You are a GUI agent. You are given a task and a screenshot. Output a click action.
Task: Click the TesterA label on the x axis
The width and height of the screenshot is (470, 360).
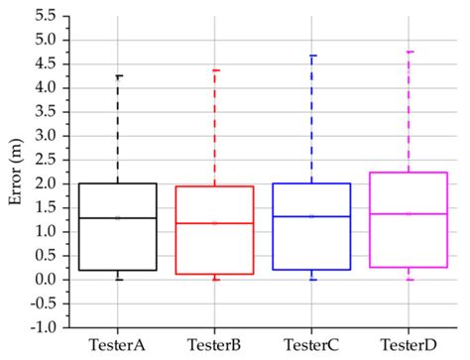(119, 344)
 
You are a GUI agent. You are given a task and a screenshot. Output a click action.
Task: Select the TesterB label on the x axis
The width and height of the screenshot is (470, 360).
(215, 344)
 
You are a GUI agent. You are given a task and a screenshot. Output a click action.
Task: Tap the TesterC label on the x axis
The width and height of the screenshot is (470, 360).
(312, 344)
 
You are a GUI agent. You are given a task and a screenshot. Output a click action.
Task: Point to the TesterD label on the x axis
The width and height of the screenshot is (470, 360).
(409, 344)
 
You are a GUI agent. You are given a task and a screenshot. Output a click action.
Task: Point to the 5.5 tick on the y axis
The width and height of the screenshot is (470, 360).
(45, 17)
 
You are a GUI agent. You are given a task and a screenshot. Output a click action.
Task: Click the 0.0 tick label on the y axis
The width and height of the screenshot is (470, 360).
(45, 280)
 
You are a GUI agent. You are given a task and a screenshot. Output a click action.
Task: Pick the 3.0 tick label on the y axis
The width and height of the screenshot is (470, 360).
(45, 136)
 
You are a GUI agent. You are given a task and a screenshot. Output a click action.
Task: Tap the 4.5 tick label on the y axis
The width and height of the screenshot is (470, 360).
(45, 64)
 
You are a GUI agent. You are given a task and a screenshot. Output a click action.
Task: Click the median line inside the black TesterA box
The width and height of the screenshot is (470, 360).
(119, 217)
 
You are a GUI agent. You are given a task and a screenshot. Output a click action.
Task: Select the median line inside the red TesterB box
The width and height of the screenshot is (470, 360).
(215, 223)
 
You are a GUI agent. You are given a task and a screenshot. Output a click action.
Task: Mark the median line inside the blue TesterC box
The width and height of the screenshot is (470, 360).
(312, 216)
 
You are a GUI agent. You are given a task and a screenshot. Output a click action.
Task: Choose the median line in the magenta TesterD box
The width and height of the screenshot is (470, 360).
(409, 213)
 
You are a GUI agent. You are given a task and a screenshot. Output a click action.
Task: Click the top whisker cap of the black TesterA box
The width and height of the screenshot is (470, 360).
(119, 75)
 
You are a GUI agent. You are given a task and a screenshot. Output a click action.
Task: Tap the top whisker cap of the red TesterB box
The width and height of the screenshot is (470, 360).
(215, 70)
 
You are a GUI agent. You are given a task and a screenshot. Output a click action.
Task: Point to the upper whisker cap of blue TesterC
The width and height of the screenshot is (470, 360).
(312, 56)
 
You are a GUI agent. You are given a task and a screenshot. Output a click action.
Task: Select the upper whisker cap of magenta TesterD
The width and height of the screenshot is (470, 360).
(409, 52)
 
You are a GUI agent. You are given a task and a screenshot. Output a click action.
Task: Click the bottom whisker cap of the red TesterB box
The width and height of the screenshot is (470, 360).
(215, 279)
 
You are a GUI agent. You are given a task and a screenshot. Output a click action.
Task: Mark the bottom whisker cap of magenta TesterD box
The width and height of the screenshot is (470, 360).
(409, 279)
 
